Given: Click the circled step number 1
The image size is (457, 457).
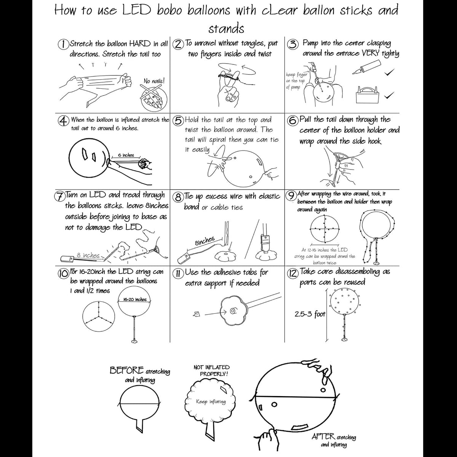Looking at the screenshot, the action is pyautogui.click(x=63, y=44).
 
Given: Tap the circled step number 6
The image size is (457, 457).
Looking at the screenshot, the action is pyautogui.click(x=292, y=120).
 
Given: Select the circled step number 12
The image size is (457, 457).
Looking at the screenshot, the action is pyautogui.click(x=292, y=273).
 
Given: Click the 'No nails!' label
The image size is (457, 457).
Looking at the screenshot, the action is pyautogui.click(x=154, y=81).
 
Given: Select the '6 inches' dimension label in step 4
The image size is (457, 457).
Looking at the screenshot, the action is pyautogui.click(x=126, y=155).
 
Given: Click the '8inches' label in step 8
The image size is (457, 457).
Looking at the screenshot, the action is pyautogui.click(x=205, y=241).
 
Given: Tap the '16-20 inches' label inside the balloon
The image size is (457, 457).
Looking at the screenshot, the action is pyautogui.click(x=135, y=299).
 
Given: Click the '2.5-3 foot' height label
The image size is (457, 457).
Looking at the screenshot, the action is pyautogui.click(x=310, y=315).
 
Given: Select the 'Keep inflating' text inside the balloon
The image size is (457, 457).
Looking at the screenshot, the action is pyautogui.click(x=211, y=402).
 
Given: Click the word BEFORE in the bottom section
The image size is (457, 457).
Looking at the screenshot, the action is pyautogui.click(x=127, y=370).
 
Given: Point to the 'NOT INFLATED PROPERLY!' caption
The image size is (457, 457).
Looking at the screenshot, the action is pyautogui.click(x=212, y=371).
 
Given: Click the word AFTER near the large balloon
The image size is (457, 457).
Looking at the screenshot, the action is pyautogui.click(x=323, y=436).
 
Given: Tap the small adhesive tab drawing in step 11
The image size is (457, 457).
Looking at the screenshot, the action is pyautogui.click(x=197, y=314).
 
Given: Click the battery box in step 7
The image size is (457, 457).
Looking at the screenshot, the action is pyautogui.click(x=67, y=258).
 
